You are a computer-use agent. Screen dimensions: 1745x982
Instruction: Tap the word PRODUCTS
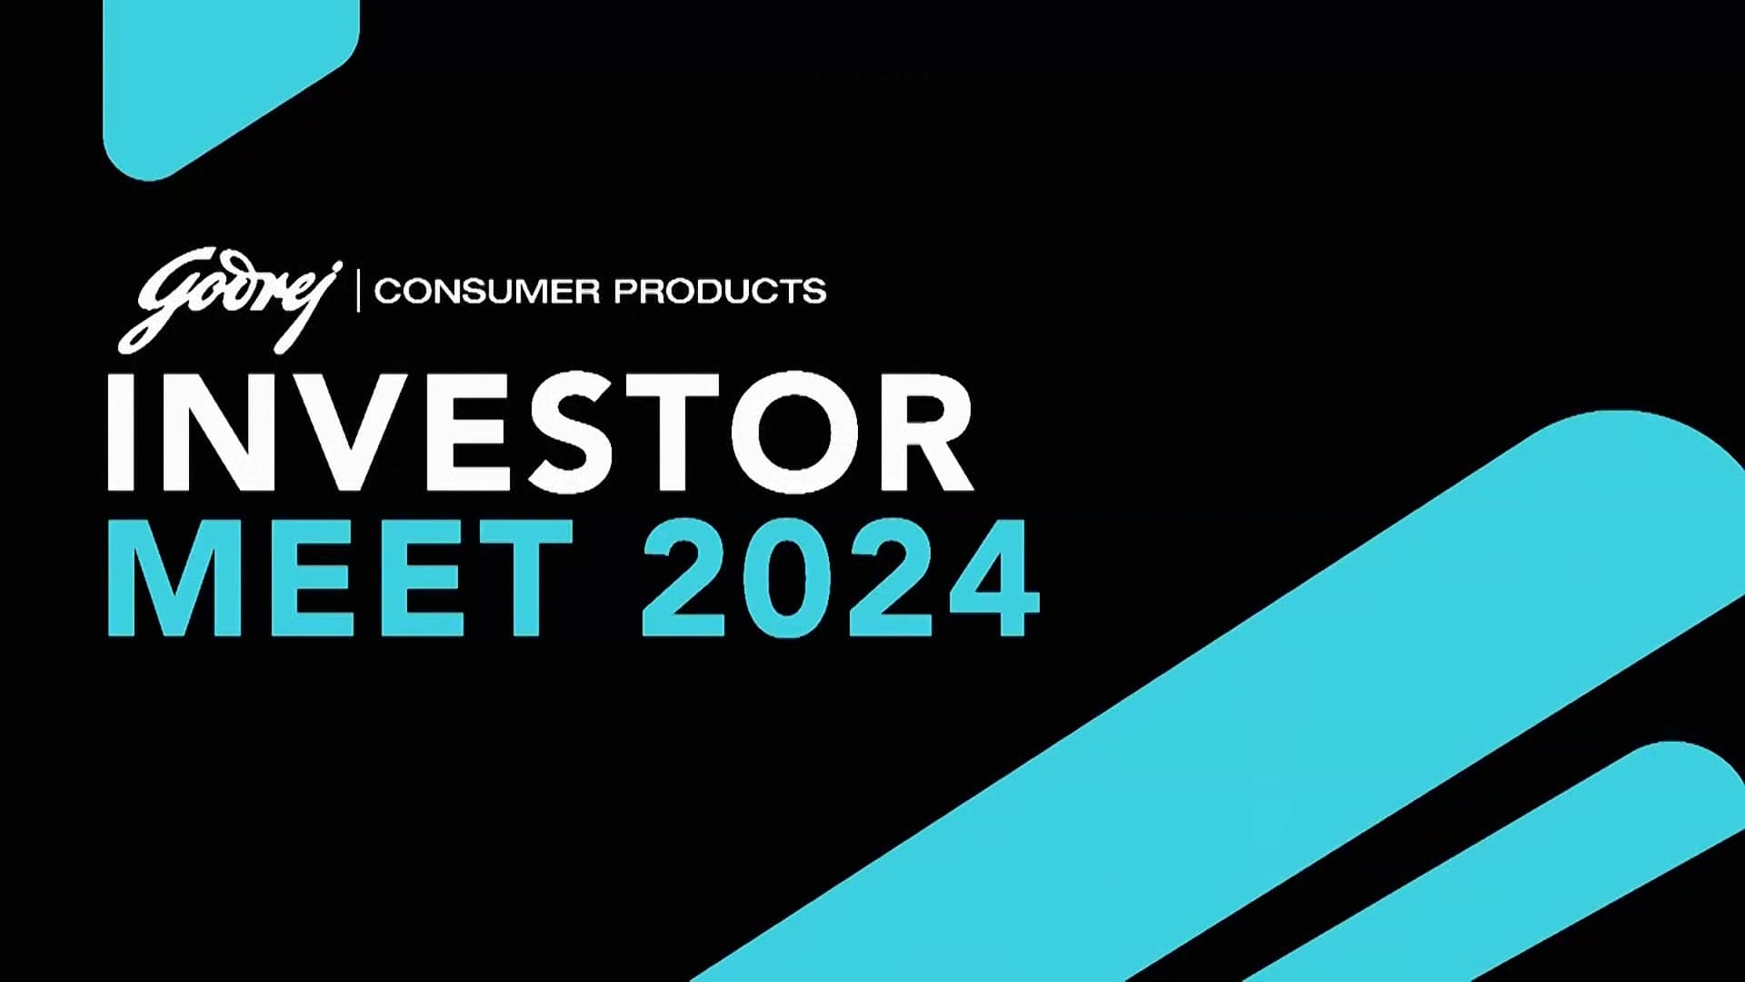[720, 292]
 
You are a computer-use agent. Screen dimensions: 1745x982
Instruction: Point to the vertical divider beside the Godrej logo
[358, 290]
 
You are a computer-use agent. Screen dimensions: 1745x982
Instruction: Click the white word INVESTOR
[540, 433]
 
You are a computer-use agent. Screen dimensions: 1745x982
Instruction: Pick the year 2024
[841, 577]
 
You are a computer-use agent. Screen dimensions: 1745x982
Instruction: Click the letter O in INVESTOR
[795, 433]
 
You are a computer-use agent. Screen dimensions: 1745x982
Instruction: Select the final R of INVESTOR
[925, 433]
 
